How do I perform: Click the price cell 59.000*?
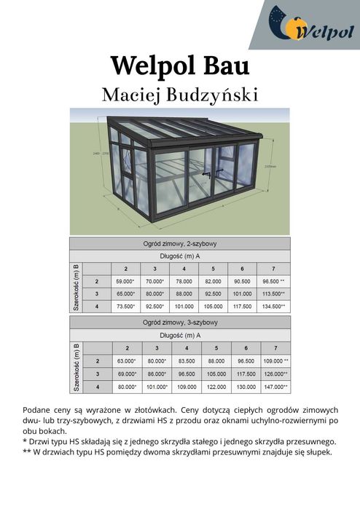pos(125,280)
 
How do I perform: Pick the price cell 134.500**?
pos(274,307)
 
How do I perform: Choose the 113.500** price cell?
pos(274,293)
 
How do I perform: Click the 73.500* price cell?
pos(125,307)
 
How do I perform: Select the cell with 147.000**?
pos(275,387)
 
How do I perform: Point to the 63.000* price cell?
pos(126,360)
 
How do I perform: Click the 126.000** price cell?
pos(275,374)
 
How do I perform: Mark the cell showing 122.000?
pos(216,387)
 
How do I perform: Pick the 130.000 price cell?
pos(246,387)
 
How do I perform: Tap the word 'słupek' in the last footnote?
pos(318,452)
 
